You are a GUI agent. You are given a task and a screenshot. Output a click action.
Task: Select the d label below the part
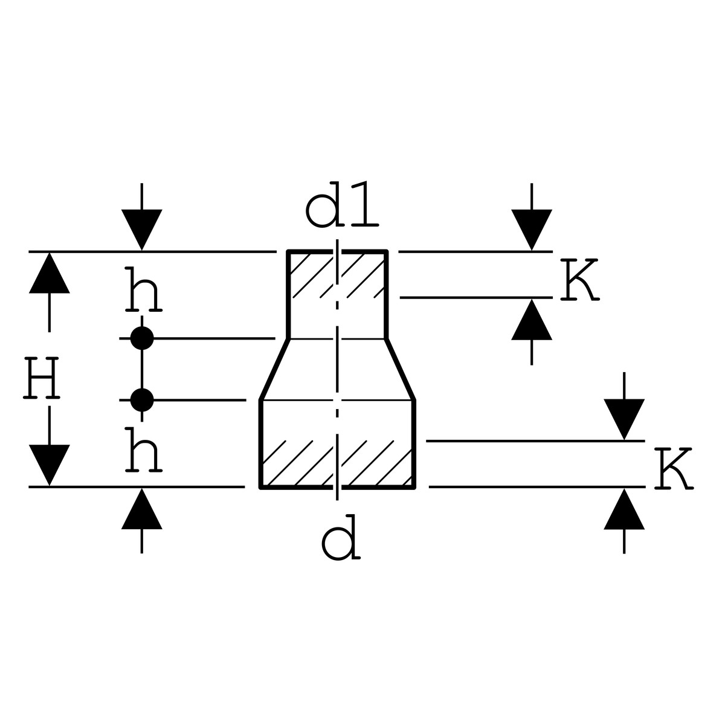[x=341, y=541]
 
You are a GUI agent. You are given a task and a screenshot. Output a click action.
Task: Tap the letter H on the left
[x=42, y=379]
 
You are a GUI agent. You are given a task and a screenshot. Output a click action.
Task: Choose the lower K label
[x=672, y=469]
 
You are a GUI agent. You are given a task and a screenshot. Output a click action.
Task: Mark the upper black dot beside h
[x=142, y=338]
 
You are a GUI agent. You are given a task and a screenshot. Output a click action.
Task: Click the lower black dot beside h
[x=142, y=399]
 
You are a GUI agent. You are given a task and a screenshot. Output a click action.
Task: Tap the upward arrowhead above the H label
[x=50, y=273]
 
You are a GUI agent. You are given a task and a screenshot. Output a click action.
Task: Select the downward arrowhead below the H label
[x=50, y=464]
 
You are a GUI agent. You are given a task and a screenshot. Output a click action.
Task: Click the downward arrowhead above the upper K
[x=532, y=229]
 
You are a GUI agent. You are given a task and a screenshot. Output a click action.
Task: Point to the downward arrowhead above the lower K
[x=624, y=419]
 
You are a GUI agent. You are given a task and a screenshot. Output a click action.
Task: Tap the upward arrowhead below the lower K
[x=624, y=509]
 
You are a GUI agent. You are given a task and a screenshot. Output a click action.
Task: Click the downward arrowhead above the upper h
[x=142, y=229]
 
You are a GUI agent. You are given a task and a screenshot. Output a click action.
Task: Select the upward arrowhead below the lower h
[x=142, y=509]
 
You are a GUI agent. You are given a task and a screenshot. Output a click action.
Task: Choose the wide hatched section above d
[x=337, y=463]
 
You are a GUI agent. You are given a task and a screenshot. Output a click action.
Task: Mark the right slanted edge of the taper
[x=401, y=369]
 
